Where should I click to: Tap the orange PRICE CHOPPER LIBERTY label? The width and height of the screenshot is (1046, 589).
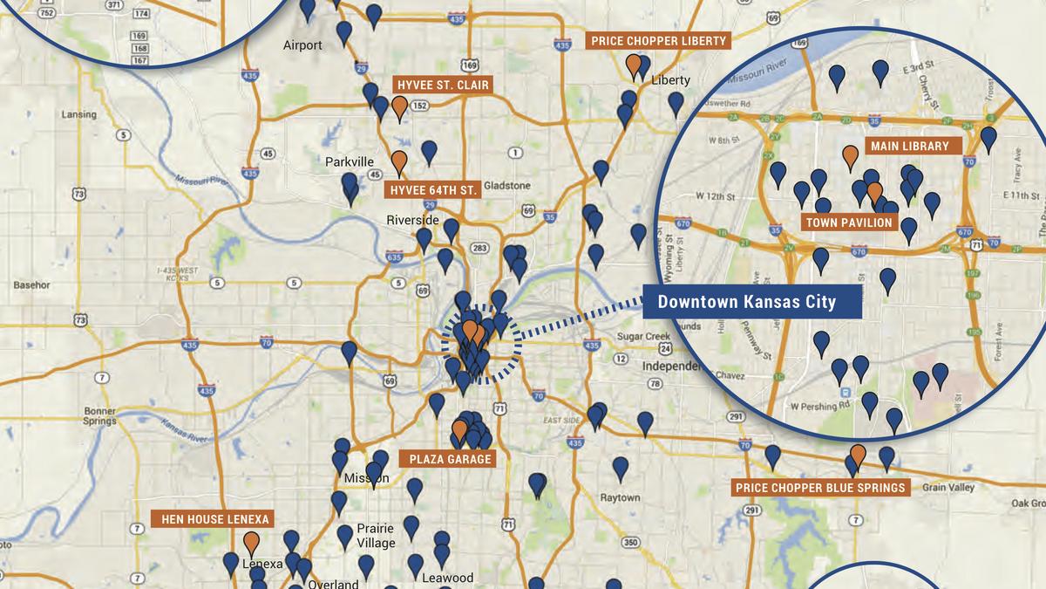coord(658,41)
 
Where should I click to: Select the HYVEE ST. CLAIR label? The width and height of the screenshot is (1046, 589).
coord(443,85)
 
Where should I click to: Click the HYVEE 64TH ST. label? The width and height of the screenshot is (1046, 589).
coord(432,188)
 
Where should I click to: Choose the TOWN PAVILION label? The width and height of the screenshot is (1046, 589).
coord(849,223)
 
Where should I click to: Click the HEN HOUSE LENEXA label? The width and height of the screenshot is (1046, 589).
coord(212,519)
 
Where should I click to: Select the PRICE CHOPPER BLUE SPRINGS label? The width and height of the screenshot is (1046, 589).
coord(819,487)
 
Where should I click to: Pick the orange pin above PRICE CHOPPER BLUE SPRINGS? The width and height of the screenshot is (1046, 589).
coord(858,454)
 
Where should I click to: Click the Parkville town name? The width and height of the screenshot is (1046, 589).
coord(350,162)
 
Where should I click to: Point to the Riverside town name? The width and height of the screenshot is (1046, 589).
coord(412,220)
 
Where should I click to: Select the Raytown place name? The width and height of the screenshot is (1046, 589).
coord(620,497)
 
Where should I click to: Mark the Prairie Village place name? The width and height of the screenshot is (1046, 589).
coord(375,535)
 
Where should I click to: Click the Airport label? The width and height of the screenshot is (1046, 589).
coord(302,45)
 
